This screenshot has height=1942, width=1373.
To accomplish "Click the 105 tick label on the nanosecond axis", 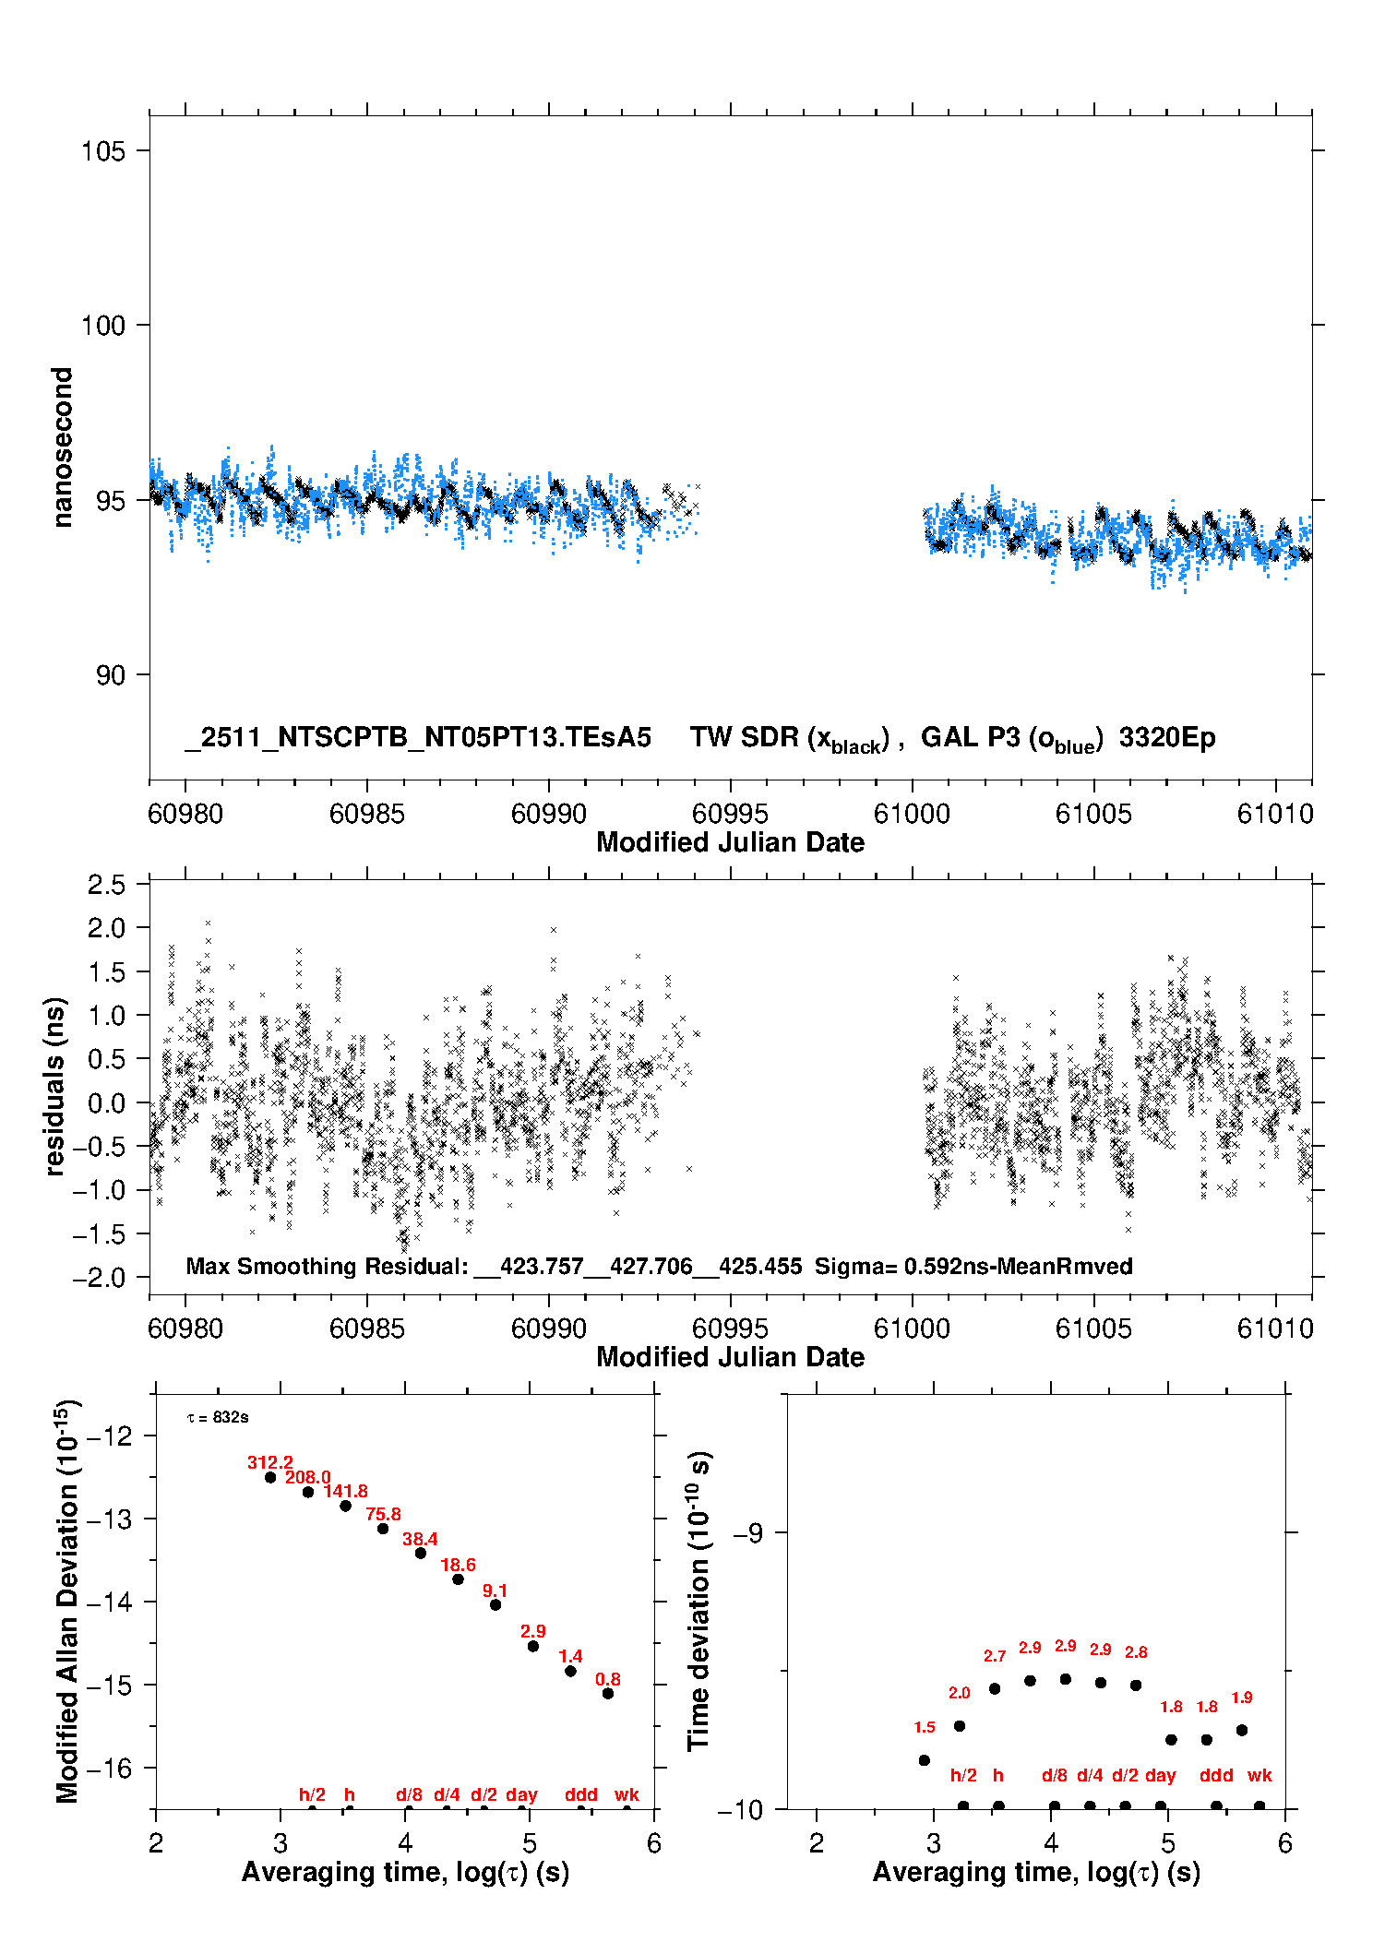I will tap(102, 150).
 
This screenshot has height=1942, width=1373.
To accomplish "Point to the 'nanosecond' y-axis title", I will tap(62, 447).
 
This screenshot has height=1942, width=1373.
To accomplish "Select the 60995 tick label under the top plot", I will tap(730, 814).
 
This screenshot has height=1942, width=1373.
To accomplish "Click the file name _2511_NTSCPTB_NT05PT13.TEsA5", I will tap(418, 737).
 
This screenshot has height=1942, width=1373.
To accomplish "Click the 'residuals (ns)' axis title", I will tap(54, 1086).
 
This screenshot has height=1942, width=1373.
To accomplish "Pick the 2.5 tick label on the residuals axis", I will tap(106, 885).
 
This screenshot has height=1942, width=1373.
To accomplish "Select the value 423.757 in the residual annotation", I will tap(542, 1266).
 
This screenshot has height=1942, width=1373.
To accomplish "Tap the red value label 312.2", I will tap(269, 1462).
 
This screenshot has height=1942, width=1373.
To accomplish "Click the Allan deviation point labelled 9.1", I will tap(495, 1604).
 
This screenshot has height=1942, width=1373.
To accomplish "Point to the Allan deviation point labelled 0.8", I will tap(608, 1693).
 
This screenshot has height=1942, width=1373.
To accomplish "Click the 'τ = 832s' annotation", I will tap(218, 1417).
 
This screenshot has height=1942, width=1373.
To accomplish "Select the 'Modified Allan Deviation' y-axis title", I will tap(67, 1601).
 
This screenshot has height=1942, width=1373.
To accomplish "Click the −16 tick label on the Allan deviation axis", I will tap(110, 1768).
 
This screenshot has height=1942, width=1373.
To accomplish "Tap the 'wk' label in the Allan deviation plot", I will tap(627, 1794).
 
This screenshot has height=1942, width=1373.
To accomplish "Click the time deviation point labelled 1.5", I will tap(925, 1760).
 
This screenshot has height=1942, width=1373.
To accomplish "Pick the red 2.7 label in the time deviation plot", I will tap(995, 1656).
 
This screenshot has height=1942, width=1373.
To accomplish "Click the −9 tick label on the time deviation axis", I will tap(747, 1532).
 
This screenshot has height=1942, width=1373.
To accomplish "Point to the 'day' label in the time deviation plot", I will tap(1160, 1775).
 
